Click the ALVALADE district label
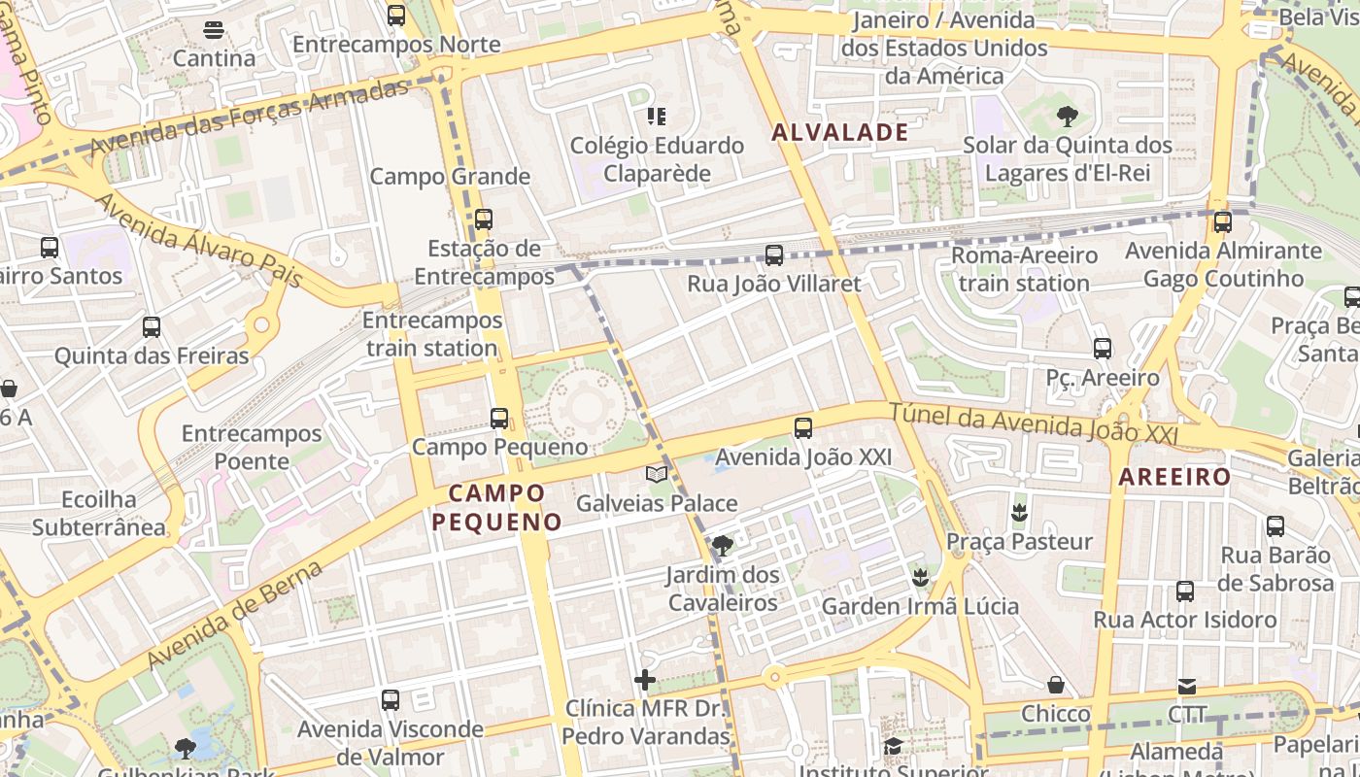click(840, 133)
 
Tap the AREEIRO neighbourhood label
click(1174, 477)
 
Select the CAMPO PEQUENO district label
click(496, 508)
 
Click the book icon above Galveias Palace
click(657, 474)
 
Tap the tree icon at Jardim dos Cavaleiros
click(722, 546)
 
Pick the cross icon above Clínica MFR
click(644, 680)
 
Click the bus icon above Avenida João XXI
click(802, 428)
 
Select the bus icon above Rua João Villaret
click(773, 255)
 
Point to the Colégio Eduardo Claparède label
click(657, 159)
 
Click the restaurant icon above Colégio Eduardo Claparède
click(657, 118)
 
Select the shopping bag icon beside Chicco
click(1055, 686)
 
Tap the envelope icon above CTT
click(1186, 687)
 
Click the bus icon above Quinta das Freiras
click(151, 327)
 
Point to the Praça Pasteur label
click(1019, 541)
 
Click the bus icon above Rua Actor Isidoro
click(1184, 591)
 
